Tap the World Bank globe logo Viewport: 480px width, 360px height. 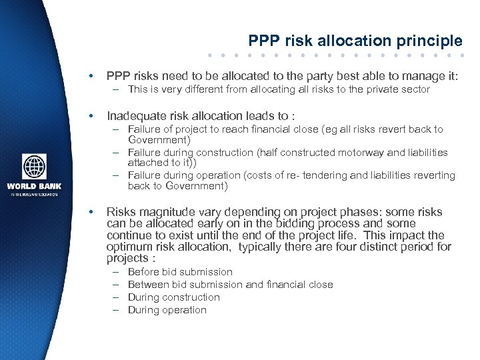click(x=35, y=167)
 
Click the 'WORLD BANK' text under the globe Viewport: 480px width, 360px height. click(x=35, y=186)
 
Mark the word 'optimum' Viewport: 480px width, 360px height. click(x=130, y=247)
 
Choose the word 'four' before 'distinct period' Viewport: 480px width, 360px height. click(x=351, y=247)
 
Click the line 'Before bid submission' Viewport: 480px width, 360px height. click(x=180, y=272)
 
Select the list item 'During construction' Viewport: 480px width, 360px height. click(x=173, y=297)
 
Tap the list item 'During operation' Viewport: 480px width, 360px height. click(x=167, y=310)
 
